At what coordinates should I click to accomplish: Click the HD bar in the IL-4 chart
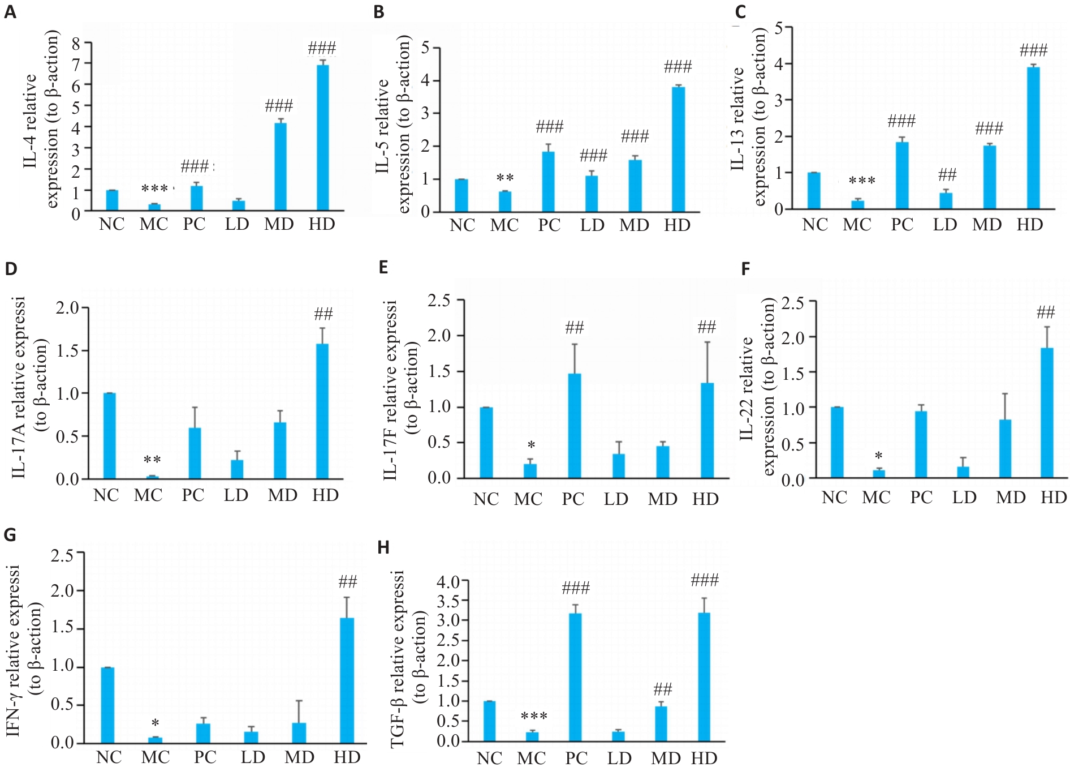pos(322,138)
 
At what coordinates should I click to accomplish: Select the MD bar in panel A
pos(280,167)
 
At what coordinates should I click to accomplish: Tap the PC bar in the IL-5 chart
pos(548,182)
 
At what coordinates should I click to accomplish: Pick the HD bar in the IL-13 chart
pos(1033,138)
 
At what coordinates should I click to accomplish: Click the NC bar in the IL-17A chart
pos(109,436)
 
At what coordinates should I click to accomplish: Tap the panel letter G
pos(10,535)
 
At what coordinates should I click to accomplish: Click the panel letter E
pos(383,267)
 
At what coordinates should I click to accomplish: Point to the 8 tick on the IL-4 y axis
pos(76,43)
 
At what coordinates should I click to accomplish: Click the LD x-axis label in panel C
pos(944,225)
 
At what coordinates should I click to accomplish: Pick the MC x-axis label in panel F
pos(876,498)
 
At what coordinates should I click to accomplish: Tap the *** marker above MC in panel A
pos(154,188)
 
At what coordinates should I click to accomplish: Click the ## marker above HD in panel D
pos(323,314)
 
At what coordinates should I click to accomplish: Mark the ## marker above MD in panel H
pos(662,689)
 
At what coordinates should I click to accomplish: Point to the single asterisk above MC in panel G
pos(155,723)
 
